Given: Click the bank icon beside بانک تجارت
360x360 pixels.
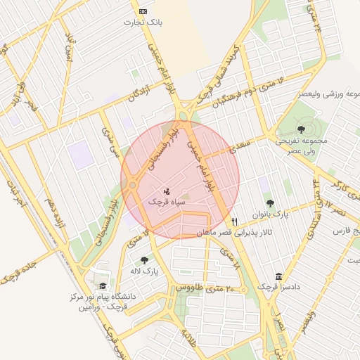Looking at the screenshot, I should [x=143, y=11].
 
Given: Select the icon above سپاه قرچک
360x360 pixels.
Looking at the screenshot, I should [x=167, y=190].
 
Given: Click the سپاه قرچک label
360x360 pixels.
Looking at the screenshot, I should [x=166, y=201].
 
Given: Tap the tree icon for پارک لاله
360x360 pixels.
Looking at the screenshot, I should [x=145, y=260].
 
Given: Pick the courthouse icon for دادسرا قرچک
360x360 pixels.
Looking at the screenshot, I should [x=279, y=276].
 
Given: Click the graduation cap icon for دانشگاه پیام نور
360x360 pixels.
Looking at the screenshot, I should [x=103, y=286].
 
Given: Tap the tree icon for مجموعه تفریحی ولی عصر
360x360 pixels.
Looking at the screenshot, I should [x=301, y=129].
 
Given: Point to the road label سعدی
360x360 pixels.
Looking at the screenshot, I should [x=243, y=144].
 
